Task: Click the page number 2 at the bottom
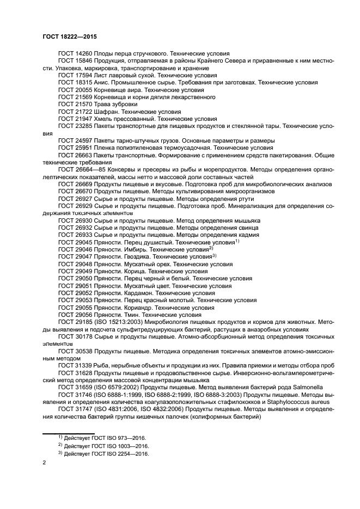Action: click(x=45, y=462)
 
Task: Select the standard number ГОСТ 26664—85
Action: click(x=81, y=170)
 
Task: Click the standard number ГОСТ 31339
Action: click(x=75, y=365)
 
